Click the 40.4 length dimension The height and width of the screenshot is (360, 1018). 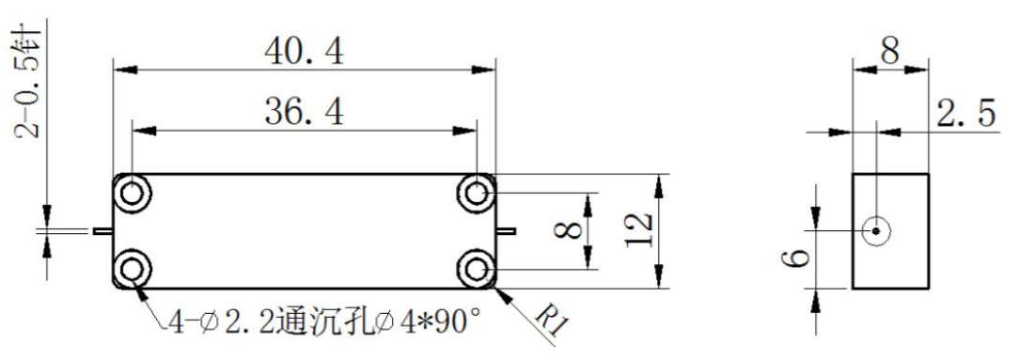(x=304, y=52)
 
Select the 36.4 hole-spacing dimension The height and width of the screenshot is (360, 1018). (x=304, y=112)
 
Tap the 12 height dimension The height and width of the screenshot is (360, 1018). (x=639, y=230)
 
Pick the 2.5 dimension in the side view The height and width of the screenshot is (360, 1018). (x=965, y=114)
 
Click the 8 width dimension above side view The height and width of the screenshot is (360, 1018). (x=890, y=52)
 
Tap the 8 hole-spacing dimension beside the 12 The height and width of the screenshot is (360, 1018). (x=571, y=230)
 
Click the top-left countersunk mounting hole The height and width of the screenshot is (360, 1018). (x=133, y=194)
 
